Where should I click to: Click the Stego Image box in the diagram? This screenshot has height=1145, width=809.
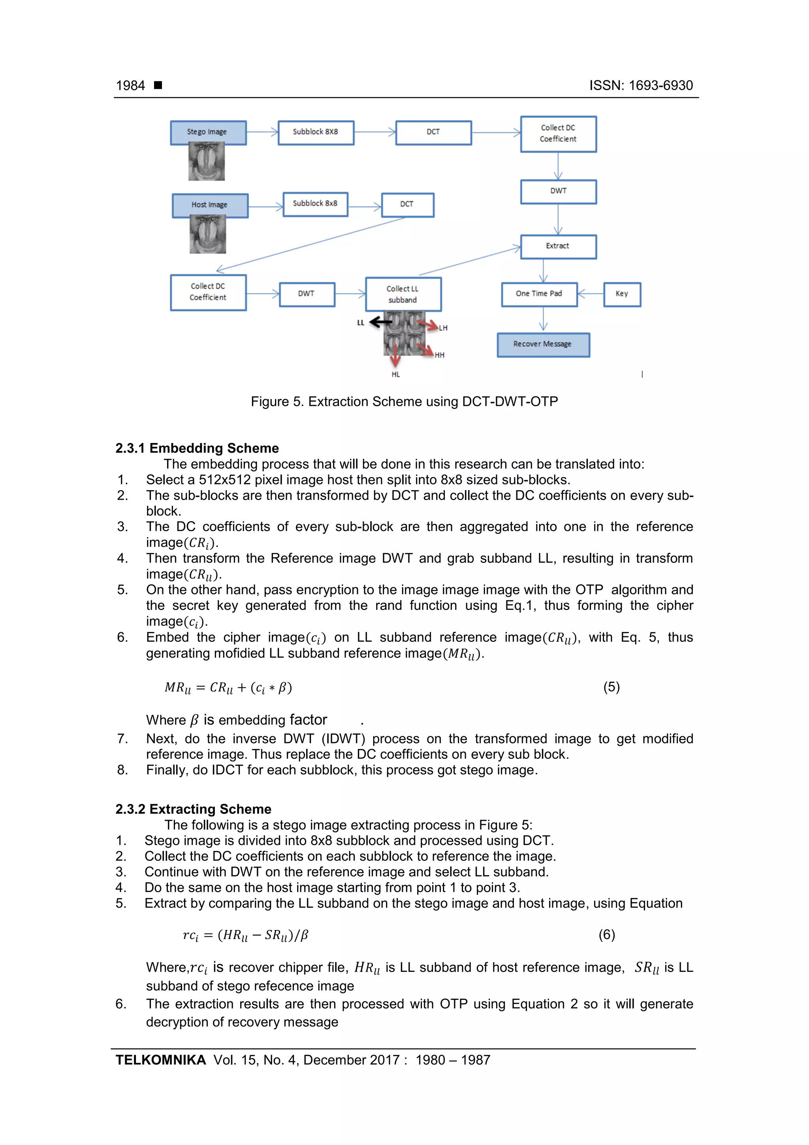coord(208,132)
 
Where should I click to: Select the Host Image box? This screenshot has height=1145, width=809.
coord(210,205)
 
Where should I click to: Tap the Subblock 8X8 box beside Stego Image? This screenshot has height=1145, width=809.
coord(316,132)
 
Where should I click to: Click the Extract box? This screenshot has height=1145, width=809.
coord(558,246)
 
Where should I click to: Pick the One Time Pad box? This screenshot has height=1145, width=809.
coord(539,294)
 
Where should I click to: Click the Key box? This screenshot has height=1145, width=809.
coord(622,294)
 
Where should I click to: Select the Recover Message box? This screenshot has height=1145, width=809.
coord(543,345)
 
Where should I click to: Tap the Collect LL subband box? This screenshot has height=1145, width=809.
coord(403,294)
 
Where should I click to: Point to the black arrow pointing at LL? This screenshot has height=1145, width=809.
coord(381,322)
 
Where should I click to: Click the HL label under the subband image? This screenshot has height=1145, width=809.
coord(396,375)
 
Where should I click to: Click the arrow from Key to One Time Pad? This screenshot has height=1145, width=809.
coord(590,294)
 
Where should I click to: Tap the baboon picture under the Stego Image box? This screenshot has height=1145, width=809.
coord(206,162)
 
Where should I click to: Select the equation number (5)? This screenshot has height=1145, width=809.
coord(611,687)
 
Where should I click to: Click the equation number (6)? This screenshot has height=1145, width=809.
coord(607,935)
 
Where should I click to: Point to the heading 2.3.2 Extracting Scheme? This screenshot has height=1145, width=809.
coord(194,809)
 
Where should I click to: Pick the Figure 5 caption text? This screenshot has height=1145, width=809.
coord(404,402)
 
